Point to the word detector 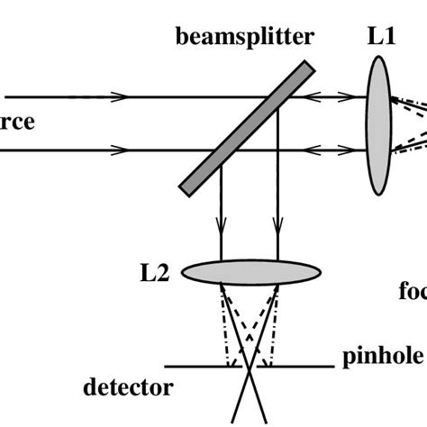tap(128, 388)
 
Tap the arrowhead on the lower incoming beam tap(117, 150)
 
